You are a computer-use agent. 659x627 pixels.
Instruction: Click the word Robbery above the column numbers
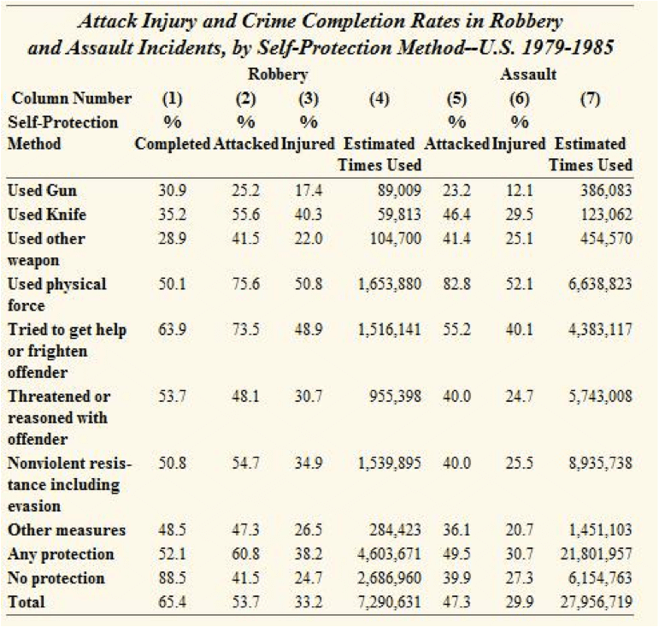[277, 74]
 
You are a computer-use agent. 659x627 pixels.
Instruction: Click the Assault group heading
[528, 74]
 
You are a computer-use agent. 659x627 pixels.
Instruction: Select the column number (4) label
[380, 99]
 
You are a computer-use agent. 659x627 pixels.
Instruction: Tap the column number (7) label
[590, 99]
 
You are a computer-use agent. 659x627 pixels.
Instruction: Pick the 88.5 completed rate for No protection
[173, 578]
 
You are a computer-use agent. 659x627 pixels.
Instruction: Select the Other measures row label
[66, 530]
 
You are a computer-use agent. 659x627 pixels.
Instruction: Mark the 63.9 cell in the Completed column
[173, 329]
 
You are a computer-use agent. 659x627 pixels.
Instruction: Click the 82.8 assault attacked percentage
[456, 283]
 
